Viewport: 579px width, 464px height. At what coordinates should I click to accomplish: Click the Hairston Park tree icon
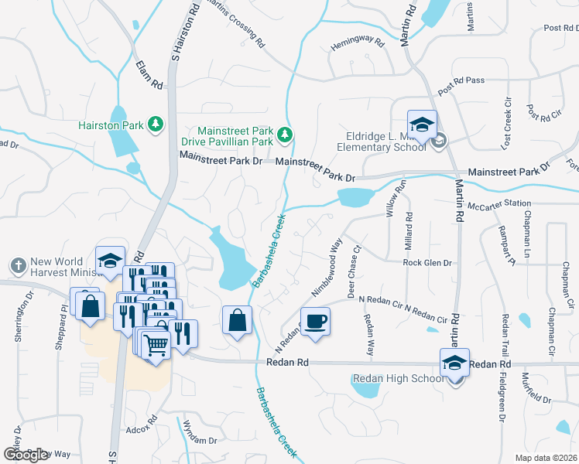(156, 124)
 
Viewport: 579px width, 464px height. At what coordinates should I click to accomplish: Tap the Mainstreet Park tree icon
(286, 136)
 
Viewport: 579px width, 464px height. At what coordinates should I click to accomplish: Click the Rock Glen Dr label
(427, 263)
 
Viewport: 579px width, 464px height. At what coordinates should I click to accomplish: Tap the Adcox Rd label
(140, 418)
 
